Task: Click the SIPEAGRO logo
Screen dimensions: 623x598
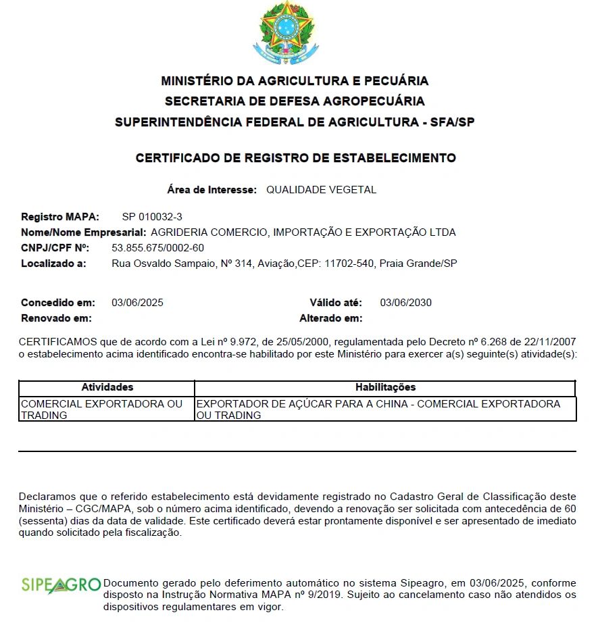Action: pos(61,585)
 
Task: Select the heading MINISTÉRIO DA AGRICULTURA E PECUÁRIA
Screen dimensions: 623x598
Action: pos(295,81)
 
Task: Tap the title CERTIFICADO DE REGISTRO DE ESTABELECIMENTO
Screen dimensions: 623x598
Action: pos(295,158)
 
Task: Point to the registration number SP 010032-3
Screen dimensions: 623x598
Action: pos(152,217)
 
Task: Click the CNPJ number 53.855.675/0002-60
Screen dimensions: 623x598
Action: pos(157,248)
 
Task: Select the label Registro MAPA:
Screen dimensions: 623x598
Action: pos(60,217)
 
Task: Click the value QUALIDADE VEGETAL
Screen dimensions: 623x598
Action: pos(321,190)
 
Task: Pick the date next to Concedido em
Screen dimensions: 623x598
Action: pos(137,303)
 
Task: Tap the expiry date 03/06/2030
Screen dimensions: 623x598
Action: pos(405,303)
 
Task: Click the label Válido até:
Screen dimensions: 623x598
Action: pos(336,303)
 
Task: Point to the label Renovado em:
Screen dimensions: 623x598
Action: pos(56,318)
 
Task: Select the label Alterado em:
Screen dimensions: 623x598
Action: pos(331,318)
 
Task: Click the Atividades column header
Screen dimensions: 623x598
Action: pos(107,387)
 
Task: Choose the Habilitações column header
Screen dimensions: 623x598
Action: pos(385,387)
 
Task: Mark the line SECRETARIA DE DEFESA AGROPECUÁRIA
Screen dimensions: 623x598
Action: pos(295,101)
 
